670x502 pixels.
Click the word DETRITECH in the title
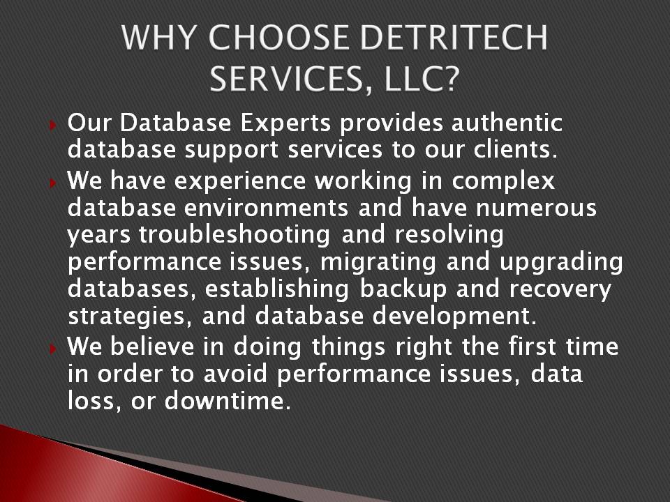pos(454,38)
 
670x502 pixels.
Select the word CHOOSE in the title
pos(278,38)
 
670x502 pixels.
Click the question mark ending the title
pos(452,79)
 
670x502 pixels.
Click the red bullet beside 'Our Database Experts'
pos(53,125)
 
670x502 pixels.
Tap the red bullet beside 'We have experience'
pos(53,183)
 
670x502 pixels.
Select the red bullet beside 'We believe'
pos(53,349)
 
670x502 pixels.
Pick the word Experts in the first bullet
pos(285,124)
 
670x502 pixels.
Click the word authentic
pos(507,123)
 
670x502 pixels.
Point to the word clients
pos(515,149)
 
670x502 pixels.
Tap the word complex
pos(503,182)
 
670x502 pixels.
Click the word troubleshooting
pos(234,235)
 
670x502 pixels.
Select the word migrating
pos(378,263)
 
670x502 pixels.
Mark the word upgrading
pos(561,263)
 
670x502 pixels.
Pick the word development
pos(454,317)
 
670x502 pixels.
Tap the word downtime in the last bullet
pos(228,401)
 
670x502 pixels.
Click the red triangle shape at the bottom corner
pos(85,469)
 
